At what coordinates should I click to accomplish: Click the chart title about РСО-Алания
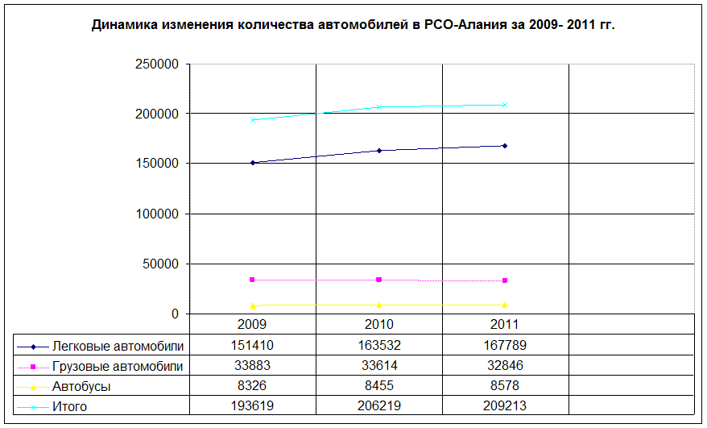click(x=353, y=25)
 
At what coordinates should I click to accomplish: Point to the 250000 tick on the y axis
click(x=159, y=64)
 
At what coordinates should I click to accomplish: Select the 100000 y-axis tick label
click(x=159, y=214)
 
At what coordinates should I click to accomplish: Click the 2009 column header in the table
click(x=253, y=325)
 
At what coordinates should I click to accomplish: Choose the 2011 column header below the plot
click(x=505, y=325)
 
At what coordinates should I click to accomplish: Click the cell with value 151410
click(x=253, y=346)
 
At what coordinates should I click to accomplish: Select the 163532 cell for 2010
click(x=378, y=346)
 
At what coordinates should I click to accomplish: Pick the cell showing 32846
click(x=505, y=366)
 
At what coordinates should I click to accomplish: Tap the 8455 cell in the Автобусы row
click(x=378, y=386)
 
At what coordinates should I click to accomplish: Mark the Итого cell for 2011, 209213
click(x=505, y=406)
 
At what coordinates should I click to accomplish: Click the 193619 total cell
click(x=253, y=406)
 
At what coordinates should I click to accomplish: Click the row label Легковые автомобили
click(x=118, y=346)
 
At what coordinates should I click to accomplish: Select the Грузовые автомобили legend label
click(x=118, y=366)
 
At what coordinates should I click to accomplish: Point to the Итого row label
click(x=69, y=406)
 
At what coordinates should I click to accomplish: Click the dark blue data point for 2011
click(x=505, y=146)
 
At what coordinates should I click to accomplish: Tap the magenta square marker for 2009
click(x=253, y=280)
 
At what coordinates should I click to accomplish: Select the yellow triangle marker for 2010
click(x=378, y=305)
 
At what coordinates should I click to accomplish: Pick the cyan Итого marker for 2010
click(x=378, y=107)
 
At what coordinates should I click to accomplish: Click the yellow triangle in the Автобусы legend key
click(x=33, y=387)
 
